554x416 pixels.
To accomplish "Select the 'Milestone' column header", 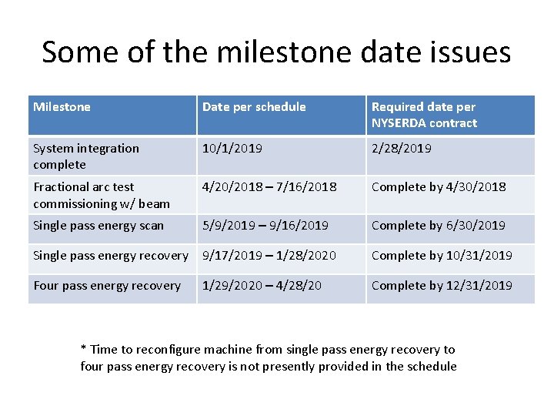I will pyautogui.click(x=62, y=107).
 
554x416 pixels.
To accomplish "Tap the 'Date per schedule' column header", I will pyautogui.click(x=254, y=107).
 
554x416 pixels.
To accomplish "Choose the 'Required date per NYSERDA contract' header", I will pyautogui.click(x=424, y=115).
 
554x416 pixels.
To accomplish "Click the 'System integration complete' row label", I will pyautogui.click(x=86, y=156).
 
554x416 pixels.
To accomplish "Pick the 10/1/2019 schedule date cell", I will pyautogui.click(x=232, y=149).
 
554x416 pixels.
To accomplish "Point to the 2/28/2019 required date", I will pyautogui.click(x=401, y=149).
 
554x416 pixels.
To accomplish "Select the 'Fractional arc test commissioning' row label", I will pyautogui.click(x=101, y=195).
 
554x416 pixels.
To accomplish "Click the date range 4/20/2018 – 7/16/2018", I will pyautogui.click(x=269, y=187).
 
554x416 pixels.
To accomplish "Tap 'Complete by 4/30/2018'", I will pyautogui.click(x=439, y=187).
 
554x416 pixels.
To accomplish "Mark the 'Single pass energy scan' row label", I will pyautogui.click(x=98, y=226).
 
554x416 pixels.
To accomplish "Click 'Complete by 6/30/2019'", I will pyautogui.click(x=439, y=226).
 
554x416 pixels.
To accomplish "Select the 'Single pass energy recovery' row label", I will pyautogui.click(x=111, y=256).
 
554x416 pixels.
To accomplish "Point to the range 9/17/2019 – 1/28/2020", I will pyautogui.click(x=269, y=256).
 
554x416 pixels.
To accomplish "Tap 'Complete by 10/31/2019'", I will pyautogui.click(x=442, y=256).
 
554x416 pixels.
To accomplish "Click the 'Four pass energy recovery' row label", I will pyautogui.click(x=107, y=286).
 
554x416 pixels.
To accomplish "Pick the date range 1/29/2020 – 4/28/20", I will pyautogui.click(x=262, y=286).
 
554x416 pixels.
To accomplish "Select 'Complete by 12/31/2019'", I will pyautogui.click(x=442, y=286).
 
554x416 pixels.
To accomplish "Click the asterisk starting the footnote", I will pyautogui.click(x=84, y=348).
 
